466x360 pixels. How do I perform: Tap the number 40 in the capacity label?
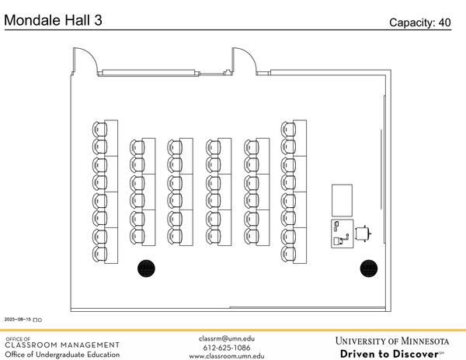443,22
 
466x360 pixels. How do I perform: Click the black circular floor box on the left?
146,268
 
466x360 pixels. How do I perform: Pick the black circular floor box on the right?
368,268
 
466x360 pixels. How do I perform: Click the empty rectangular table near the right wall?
342,200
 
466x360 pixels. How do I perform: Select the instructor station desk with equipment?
341,234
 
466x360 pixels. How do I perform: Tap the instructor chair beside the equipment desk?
363,233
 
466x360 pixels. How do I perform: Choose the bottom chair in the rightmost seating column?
288,253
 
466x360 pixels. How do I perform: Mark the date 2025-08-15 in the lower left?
19,319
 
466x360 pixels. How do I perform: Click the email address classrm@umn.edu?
227,338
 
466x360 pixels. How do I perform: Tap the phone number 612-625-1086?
227,348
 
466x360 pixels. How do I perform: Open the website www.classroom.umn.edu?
227,357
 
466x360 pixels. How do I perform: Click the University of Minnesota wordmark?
392,341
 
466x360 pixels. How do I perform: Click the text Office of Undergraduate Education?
62,355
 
